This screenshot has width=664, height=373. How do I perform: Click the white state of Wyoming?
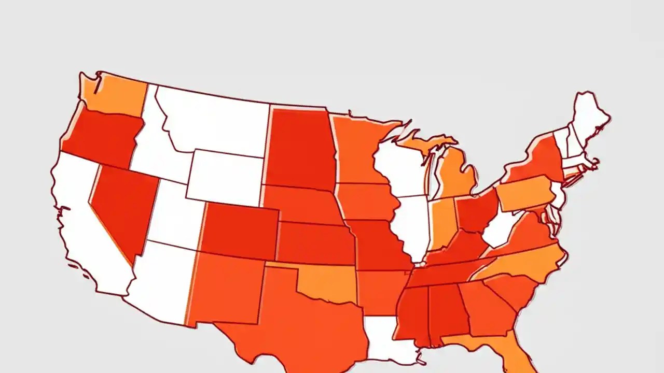click(226, 176)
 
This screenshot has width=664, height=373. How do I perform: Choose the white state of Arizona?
click(161, 280)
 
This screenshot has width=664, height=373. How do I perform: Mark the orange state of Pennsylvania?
click(524, 194)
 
